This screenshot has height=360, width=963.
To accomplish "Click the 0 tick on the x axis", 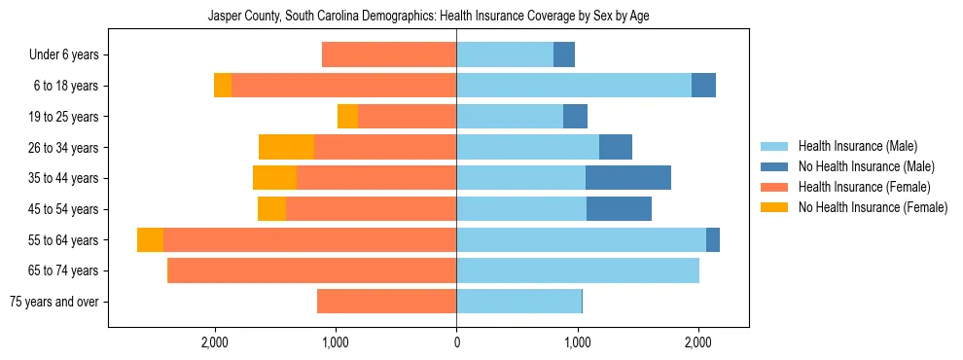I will pyautogui.click(x=456, y=342).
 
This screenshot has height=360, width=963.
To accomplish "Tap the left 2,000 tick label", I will pyautogui.click(x=215, y=342).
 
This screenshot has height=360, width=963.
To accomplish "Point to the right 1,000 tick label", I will pyautogui.click(x=578, y=342).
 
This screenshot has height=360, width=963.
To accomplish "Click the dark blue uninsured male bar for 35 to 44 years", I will pyautogui.click(x=628, y=178).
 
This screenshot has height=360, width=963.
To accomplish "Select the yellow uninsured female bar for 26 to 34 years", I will pyautogui.click(x=286, y=147).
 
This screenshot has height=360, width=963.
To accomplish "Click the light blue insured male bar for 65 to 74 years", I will pyautogui.click(x=578, y=270).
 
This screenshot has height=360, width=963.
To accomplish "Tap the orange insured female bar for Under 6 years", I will pyautogui.click(x=389, y=54).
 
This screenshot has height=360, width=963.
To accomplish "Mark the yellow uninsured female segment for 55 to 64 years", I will pyautogui.click(x=150, y=239).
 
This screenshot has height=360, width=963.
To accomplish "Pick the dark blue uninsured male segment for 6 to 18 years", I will pyautogui.click(x=703, y=86).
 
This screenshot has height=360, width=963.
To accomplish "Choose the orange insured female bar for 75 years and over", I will pyautogui.click(x=386, y=302).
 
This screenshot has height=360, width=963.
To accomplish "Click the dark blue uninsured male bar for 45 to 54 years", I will pyautogui.click(x=619, y=209).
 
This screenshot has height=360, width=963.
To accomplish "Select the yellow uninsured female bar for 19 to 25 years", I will pyautogui.click(x=347, y=117).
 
